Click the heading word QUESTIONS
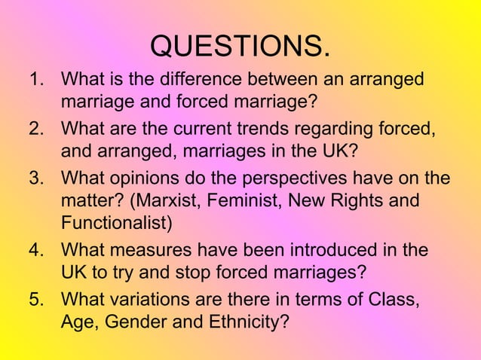point(240,46)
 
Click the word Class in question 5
point(393,300)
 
